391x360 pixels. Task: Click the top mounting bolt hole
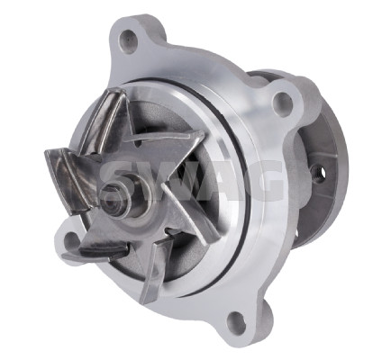click(128, 39)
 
